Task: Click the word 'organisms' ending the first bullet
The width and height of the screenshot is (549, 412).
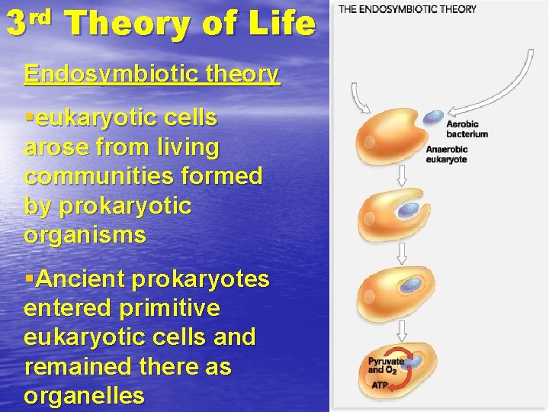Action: pyautogui.click(x=85, y=235)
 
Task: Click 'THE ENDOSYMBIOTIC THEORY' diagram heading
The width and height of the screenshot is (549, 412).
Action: pyautogui.click(x=408, y=9)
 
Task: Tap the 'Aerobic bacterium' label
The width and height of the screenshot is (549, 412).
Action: pyautogui.click(x=467, y=129)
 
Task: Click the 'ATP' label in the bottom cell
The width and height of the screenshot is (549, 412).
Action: pyautogui.click(x=378, y=386)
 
